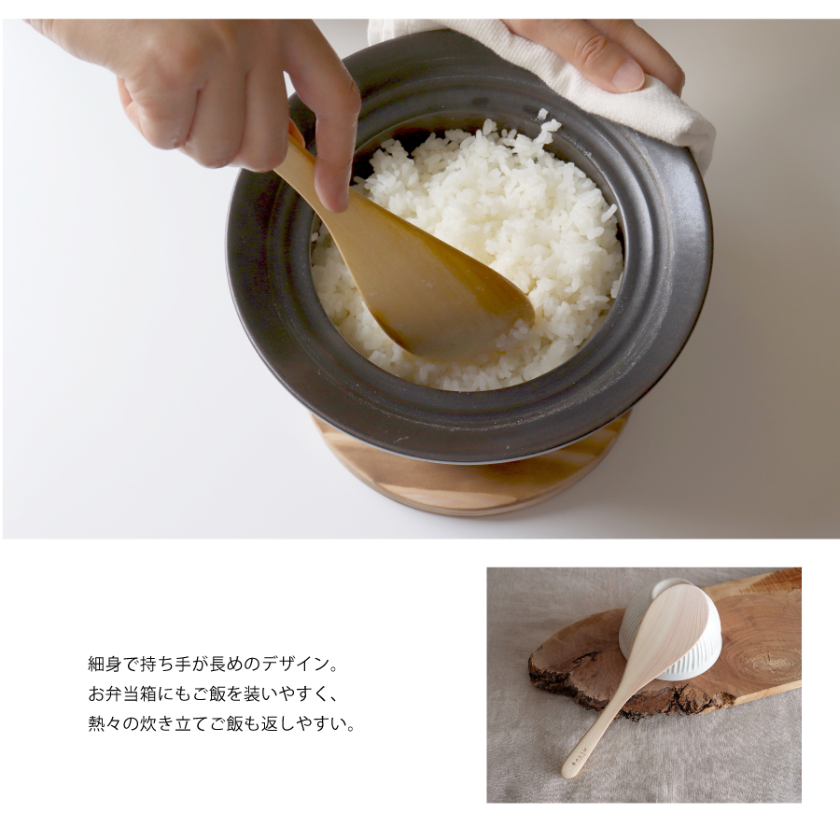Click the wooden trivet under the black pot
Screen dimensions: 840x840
[x=471, y=477]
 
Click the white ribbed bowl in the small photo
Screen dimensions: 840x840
[x=669, y=632]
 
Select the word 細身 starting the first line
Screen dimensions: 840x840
[x=105, y=665]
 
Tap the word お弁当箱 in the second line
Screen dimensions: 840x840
[x=122, y=694]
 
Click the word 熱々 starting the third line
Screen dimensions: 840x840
[x=105, y=724]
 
